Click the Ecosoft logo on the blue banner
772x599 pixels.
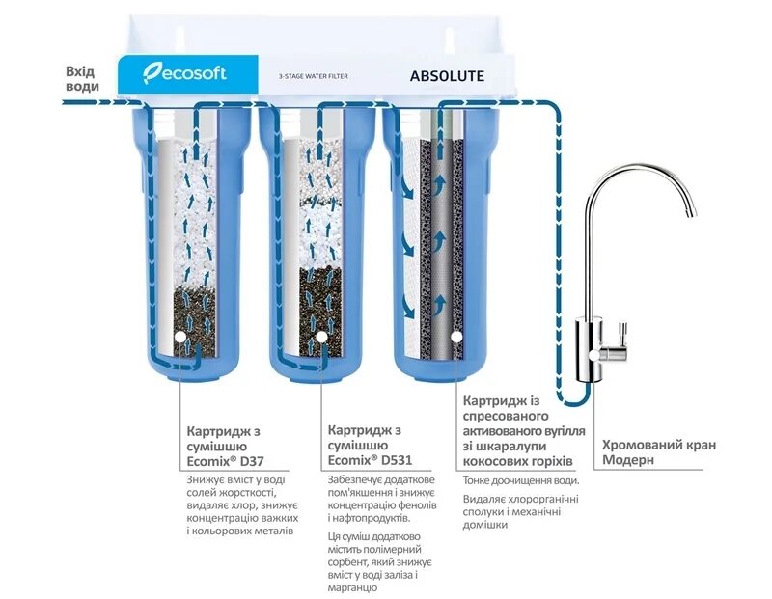[183, 73]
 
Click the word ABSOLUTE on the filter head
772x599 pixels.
[447, 75]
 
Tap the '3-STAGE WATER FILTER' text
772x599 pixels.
[314, 76]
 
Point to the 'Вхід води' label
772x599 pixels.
[82, 79]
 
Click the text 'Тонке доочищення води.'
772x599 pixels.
[521, 480]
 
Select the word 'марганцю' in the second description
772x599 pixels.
[355, 587]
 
